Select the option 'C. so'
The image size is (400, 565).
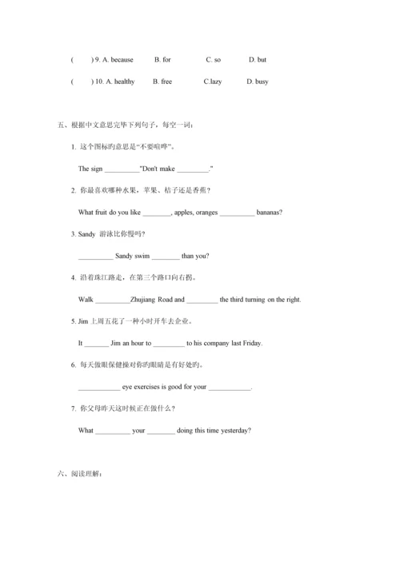213,59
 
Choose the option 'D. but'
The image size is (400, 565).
258,59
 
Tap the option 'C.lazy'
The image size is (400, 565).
213,82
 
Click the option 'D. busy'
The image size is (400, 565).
258,82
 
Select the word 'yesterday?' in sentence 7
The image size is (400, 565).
234,431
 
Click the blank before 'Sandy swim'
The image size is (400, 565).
95,257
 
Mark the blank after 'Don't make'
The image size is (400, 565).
192,169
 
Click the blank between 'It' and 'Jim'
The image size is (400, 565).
96,344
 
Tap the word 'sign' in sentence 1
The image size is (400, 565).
97,169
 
